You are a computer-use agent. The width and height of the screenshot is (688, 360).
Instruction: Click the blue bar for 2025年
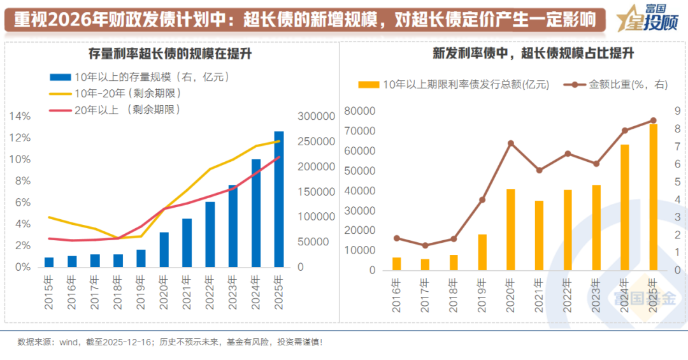tap(279, 199)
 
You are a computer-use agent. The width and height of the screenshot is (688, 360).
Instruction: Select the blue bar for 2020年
tap(164, 249)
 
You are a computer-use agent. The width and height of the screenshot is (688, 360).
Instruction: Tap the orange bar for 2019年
tap(482, 252)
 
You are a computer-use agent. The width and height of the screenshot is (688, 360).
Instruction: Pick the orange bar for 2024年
tap(625, 207)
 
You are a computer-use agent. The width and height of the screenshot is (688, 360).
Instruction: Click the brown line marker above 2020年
tap(511, 143)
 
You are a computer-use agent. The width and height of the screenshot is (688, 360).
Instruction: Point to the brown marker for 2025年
tap(653, 120)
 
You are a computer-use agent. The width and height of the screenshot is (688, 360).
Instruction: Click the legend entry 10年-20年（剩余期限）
tap(121, 93)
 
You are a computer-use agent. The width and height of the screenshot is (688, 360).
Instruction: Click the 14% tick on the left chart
tap(20, 117)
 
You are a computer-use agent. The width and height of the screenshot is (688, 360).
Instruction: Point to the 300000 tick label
tap(316, 117)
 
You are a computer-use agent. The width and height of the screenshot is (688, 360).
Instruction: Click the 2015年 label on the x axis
tap(49, 292)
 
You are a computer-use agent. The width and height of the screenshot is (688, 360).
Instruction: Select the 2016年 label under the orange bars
tap(397, 296)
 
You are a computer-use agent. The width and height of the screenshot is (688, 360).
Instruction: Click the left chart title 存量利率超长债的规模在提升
tap(170, 54)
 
